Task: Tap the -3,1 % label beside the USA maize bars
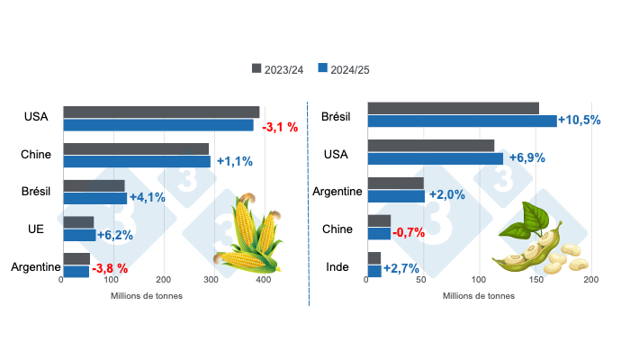coord(283,127)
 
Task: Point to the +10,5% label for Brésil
coord(579,121)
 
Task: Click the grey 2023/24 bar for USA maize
coord(161,112)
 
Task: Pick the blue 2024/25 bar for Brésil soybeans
coord(462,121)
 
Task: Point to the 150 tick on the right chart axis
coord(535,281)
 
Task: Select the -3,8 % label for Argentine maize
coord(110,268)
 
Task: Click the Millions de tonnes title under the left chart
coord(147,295)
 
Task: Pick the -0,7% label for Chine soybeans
coord(409,233)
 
